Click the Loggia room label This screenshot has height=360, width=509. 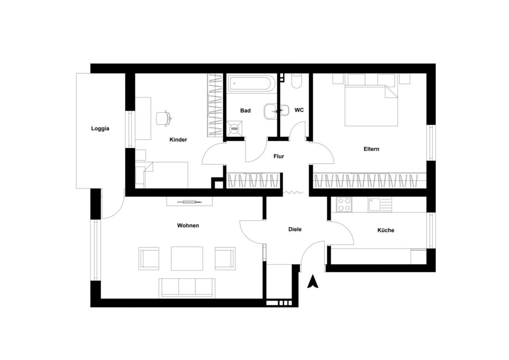pyautogui.click(x=100, y=129)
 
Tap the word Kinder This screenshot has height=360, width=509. pyautogui.click(x=178, y=140)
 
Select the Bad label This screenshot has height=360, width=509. pyautogui.click(x=246, y=111)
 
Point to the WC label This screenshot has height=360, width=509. pyautogui.click(x=299, y=110)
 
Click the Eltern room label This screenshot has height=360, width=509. pyautogui.click(x=371, y=149)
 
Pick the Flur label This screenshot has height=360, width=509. pyautogui.click(x=278, y=156)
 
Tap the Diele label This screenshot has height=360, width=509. pyautogui.click(x=295, y=229)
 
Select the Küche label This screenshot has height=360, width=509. pyautogui.click(x=386, y=230)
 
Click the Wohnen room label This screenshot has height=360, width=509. pyautogui.click(x=188, y=225)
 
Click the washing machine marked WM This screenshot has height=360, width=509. pyautogui.click(x=234, y=129)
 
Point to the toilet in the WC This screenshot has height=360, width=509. pyautogui.click(x=296, y=81)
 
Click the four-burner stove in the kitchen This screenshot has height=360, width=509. pyautogui.click(x=344, y=204)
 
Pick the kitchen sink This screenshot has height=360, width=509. pyautogui.click(x=380, y=204)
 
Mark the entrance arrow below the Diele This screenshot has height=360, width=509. pyautogui.click(x=313, y=281)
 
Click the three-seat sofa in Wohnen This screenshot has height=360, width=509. pyautogui.click(x=187, y=288)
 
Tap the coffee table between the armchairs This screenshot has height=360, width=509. pyautogui.click(x=187, y=259)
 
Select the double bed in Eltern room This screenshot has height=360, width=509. pyautogui.click(x=371, y=100)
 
